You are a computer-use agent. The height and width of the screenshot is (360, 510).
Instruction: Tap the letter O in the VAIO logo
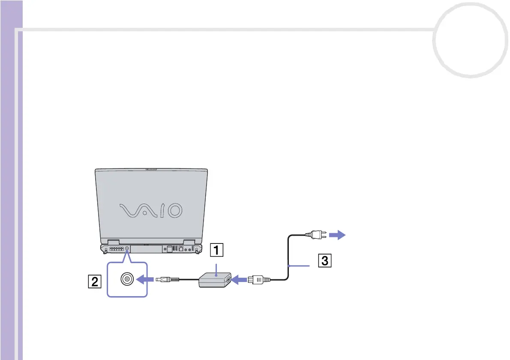(174, 210)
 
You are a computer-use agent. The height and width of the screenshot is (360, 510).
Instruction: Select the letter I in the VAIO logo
(159, 210)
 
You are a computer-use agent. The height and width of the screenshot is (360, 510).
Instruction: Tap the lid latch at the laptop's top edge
(151, 169)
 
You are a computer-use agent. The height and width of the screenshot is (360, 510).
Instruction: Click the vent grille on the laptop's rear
(116, 249)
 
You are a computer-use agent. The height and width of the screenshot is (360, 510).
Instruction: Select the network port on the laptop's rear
(181, 249)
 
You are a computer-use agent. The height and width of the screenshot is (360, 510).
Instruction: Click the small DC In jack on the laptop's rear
(127, 249)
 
